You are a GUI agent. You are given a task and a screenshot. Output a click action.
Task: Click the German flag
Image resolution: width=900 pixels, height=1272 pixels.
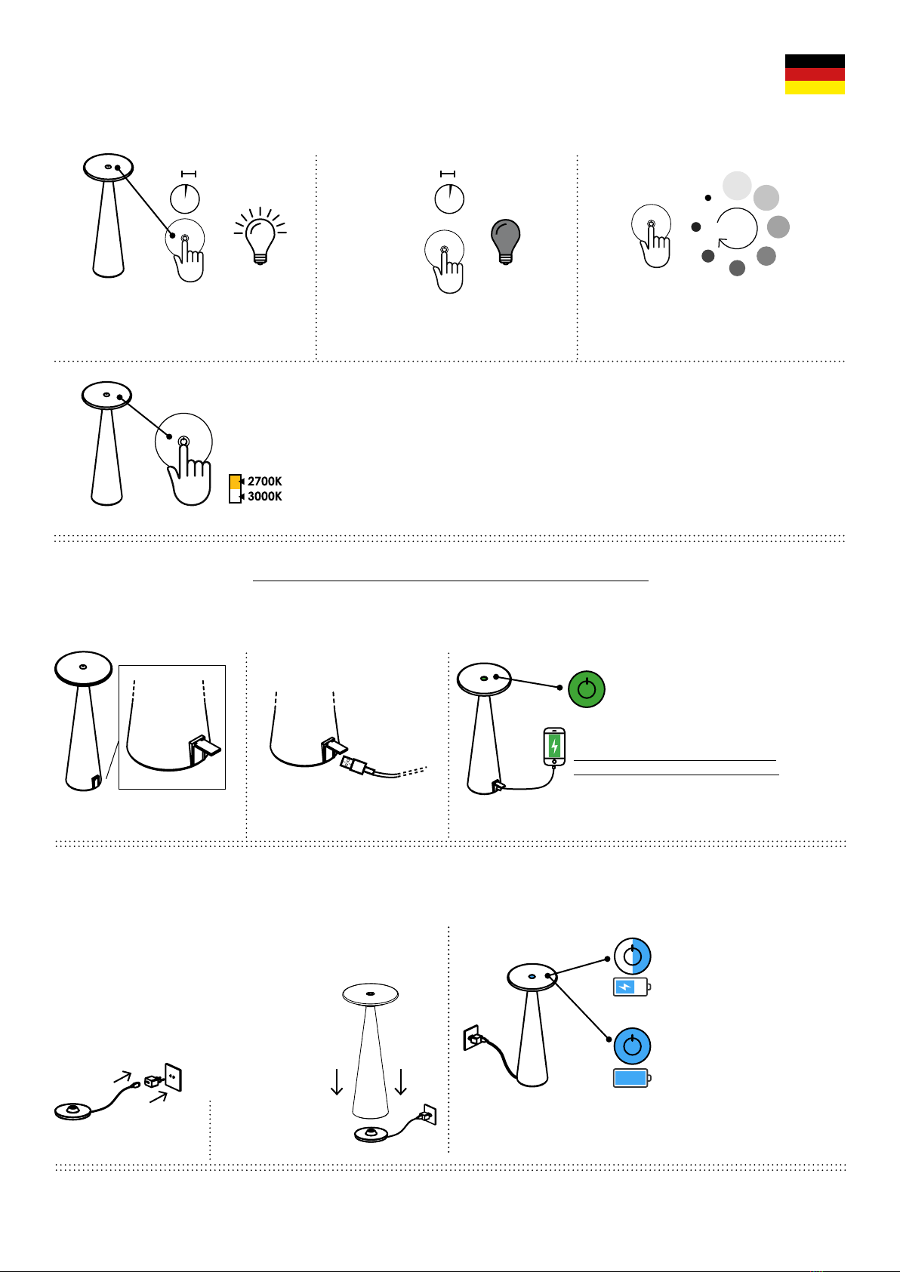tap(815, 75)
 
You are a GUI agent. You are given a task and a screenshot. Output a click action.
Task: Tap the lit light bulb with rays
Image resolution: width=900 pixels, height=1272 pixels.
tap(260, 236)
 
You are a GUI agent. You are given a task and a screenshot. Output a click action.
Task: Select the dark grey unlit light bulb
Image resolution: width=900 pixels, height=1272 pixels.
tap(505, 242)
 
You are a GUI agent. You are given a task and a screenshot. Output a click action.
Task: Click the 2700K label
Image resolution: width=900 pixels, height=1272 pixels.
tap(264, 481)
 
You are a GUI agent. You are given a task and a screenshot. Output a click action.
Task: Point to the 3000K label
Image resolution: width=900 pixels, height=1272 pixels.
tap(264, 496)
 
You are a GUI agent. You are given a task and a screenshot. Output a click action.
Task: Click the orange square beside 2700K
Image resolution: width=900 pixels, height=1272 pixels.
tap(235, 482)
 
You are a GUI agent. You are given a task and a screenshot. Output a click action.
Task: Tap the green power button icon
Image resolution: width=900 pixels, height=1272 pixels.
tap(587, 689)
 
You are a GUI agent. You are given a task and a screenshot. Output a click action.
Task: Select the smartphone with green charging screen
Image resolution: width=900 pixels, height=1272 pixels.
tap(554, 746)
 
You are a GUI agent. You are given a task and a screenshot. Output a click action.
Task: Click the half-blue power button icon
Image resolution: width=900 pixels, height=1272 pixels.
tap(633, 956)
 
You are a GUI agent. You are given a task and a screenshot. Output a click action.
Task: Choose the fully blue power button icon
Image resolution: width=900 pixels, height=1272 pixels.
tap(633, 1046)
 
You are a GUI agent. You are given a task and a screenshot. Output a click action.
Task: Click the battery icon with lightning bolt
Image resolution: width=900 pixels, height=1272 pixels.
tap(632, 987)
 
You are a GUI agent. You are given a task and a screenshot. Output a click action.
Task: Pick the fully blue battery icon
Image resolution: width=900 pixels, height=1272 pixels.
tap(632, 1078)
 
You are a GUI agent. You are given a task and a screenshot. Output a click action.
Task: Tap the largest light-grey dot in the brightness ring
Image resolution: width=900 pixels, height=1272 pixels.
tap(737, 186)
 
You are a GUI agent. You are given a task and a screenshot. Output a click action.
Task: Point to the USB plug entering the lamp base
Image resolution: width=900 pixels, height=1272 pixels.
tap(354, 765)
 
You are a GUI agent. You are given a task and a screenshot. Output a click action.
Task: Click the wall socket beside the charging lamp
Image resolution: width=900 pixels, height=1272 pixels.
tap(472, 1037)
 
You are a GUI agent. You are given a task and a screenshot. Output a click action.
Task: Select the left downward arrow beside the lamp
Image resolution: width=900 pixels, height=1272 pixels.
tap(337, 1082)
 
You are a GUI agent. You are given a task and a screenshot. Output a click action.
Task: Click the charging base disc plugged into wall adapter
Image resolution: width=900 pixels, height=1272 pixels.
tap(72, 1110)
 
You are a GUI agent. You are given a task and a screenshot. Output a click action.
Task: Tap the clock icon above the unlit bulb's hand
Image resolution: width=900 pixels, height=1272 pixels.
tap(449, 199)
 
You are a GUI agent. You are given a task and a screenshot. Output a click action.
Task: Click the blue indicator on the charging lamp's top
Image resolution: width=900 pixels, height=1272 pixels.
tap(532, 977)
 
